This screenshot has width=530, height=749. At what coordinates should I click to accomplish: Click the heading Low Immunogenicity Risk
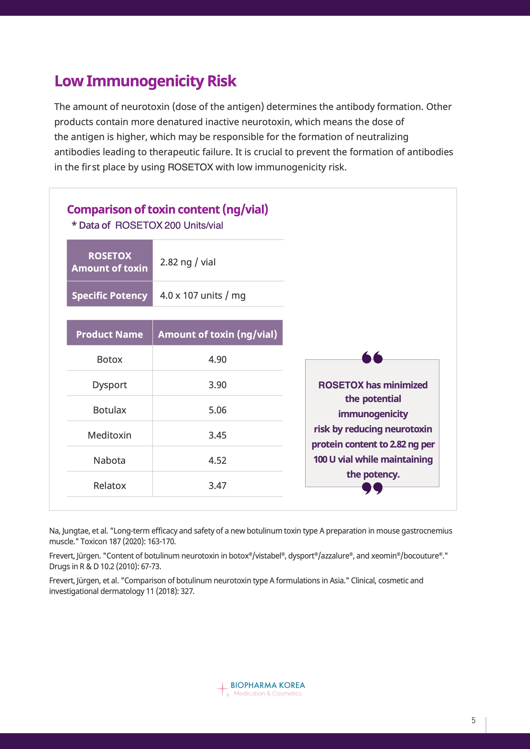coord(145,81)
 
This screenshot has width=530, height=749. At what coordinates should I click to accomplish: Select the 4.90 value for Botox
coord(217,359)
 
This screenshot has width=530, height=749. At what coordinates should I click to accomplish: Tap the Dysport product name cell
coord(110,385)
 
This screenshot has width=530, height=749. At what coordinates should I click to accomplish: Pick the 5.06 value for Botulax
coord(217,410)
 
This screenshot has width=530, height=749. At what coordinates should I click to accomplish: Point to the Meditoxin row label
coord(110,435)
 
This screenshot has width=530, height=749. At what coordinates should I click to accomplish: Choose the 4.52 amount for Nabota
coord(217,460)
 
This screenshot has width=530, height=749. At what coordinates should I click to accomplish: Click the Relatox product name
coord(110,486)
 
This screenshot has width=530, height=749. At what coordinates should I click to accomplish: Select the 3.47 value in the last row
coord(217,486)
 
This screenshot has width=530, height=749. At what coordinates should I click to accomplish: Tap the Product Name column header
coord(110,334)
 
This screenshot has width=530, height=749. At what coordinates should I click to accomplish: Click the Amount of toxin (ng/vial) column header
coord(217,334)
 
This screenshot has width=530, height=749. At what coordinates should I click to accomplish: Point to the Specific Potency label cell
coord(110,296)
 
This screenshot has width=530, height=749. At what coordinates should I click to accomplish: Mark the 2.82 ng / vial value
coord(188,262)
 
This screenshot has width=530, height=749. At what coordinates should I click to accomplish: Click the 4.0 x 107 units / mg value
coord(203,296)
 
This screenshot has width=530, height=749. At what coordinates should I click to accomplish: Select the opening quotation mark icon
coord(372,358)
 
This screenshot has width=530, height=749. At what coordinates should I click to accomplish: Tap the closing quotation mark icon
coord(372,488)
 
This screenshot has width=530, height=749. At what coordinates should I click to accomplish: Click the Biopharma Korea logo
coord(261,689)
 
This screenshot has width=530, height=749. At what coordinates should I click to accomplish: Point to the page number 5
coord(474,720)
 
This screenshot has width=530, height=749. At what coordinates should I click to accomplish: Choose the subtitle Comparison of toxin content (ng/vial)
coord(167,209)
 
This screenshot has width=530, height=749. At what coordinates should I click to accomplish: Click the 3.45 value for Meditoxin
coord(217,435)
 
